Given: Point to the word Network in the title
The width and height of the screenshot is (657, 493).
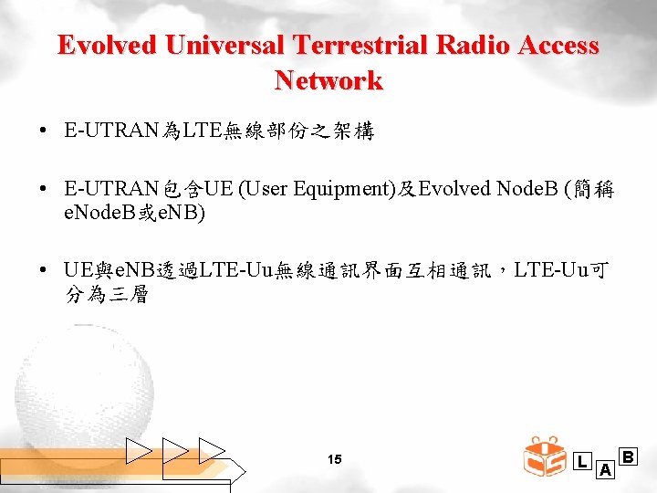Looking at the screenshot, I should click(x=328, y=80).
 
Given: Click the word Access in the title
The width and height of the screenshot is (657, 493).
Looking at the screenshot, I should click(x=557, y=46).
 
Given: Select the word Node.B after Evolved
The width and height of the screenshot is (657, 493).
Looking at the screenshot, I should click(x=527, y=190).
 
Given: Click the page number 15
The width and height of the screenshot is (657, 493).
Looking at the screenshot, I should click(x=334, y=459).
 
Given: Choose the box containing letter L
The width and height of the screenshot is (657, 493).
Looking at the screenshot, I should click(x=582, y=461).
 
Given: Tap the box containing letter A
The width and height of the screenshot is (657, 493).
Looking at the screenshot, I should click(x=604, y=469).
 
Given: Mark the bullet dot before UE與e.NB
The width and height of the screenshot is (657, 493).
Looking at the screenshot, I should click(x=44, y=272).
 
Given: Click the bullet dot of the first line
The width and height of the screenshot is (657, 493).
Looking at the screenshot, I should click(x=44, y=131).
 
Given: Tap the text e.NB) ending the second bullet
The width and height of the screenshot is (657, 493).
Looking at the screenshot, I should click(x=182, y=214).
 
